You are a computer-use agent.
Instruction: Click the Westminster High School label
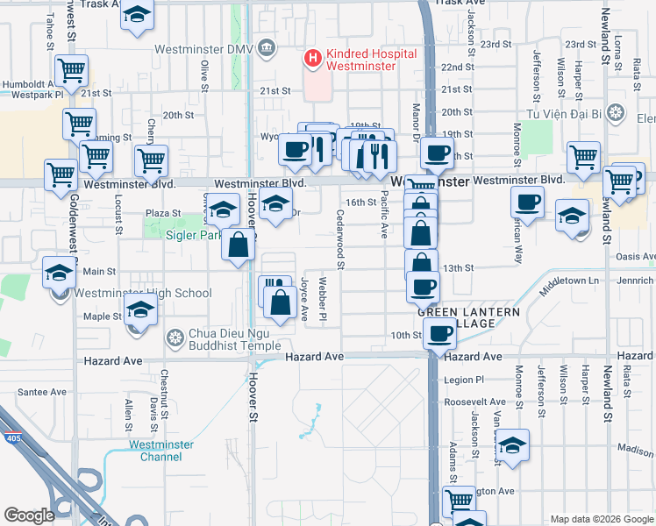pos(143,294)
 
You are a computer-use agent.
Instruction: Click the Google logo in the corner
pos(29,515)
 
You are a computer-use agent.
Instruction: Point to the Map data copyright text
pos(602,520)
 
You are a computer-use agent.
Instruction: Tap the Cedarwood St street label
pos(339,238)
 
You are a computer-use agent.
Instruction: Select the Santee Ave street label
pos(42,392)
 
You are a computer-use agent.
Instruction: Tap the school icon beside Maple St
pos(140,309)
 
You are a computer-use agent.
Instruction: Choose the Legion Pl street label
pos(464,380)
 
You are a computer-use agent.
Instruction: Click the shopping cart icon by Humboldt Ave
pos(71,68)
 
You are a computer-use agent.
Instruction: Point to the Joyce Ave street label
pos(304,299)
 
